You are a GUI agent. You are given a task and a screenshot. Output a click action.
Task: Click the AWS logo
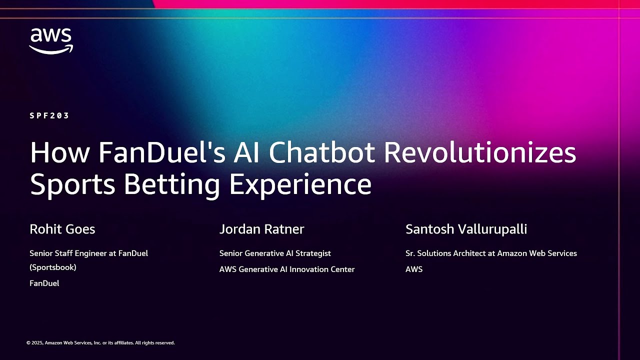coord(51,41)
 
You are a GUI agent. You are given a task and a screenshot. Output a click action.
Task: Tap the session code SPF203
coord(49,115)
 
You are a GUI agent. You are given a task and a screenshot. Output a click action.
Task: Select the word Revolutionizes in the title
coord(480,152)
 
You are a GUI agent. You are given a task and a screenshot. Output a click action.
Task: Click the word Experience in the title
coord(300,184)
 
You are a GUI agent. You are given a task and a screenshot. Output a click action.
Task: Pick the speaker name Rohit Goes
coord(62,229)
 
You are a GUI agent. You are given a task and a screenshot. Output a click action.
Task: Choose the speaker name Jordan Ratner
coord(261,229)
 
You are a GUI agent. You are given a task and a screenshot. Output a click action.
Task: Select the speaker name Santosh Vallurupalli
coord(466,229)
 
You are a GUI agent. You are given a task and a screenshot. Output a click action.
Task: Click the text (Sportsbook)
coord(53,267)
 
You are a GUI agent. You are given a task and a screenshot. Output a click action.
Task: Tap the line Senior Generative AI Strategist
coord(275,253)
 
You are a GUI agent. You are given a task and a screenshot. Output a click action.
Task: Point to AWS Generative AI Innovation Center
coord(287,269)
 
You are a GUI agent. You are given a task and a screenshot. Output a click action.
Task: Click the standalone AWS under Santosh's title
coord(414,269)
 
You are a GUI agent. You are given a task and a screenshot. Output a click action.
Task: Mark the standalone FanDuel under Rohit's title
coord(44,283)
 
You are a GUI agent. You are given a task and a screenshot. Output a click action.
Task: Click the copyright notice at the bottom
coord(100,343)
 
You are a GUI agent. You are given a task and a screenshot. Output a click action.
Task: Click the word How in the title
coord(60,152)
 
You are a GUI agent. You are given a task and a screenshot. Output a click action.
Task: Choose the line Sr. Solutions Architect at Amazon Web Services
coord(491,253)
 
